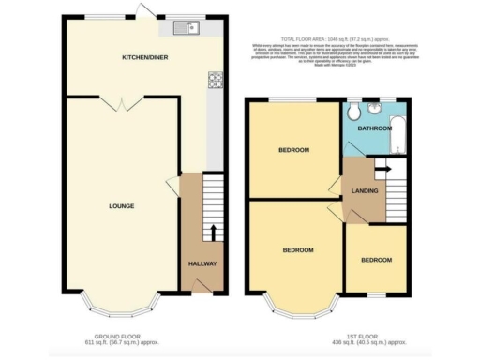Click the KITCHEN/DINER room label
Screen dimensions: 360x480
144,58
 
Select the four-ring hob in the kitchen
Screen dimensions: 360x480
215,81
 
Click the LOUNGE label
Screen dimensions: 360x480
121,206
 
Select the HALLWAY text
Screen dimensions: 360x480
202,263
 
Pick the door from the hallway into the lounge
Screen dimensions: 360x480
173,186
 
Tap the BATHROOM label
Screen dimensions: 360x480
373,127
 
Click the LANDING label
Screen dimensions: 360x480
365,191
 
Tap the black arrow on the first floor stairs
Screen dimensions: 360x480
382,168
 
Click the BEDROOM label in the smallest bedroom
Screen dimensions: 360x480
376,260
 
